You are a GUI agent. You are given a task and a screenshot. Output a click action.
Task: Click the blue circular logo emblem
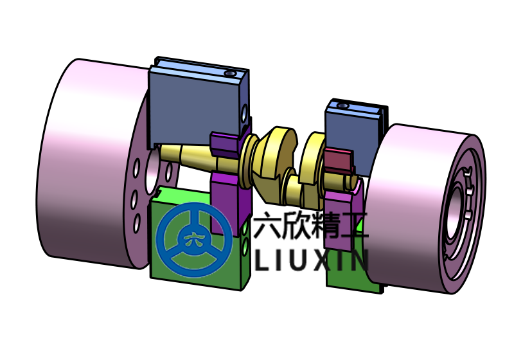194,240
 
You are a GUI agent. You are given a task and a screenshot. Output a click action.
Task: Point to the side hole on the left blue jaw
244,114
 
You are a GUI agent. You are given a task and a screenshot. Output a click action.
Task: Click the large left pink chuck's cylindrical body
84,161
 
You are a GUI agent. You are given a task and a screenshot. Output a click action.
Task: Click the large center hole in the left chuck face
152,170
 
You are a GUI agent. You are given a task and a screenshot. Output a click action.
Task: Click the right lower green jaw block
344,270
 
